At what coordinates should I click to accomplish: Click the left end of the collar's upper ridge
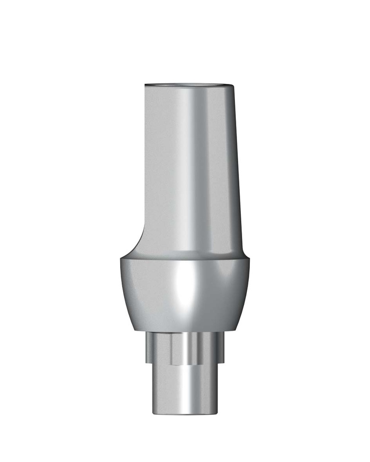click(121, 260)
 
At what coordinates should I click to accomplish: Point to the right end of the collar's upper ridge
click(247, 260)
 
